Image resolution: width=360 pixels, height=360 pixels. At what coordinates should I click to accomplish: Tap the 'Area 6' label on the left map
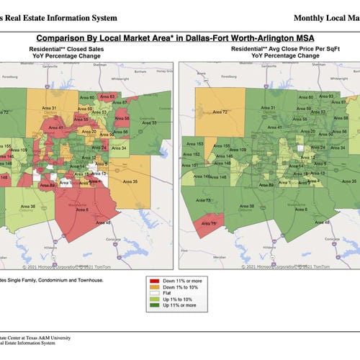[84, 209]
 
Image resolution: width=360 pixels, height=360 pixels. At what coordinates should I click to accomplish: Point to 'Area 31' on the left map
[50, 108]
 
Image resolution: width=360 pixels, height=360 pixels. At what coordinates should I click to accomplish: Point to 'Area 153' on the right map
[194, 144]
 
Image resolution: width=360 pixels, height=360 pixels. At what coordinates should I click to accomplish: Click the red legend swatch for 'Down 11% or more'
[156, 279]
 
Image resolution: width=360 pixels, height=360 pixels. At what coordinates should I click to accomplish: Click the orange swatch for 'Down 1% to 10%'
[156, 286]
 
